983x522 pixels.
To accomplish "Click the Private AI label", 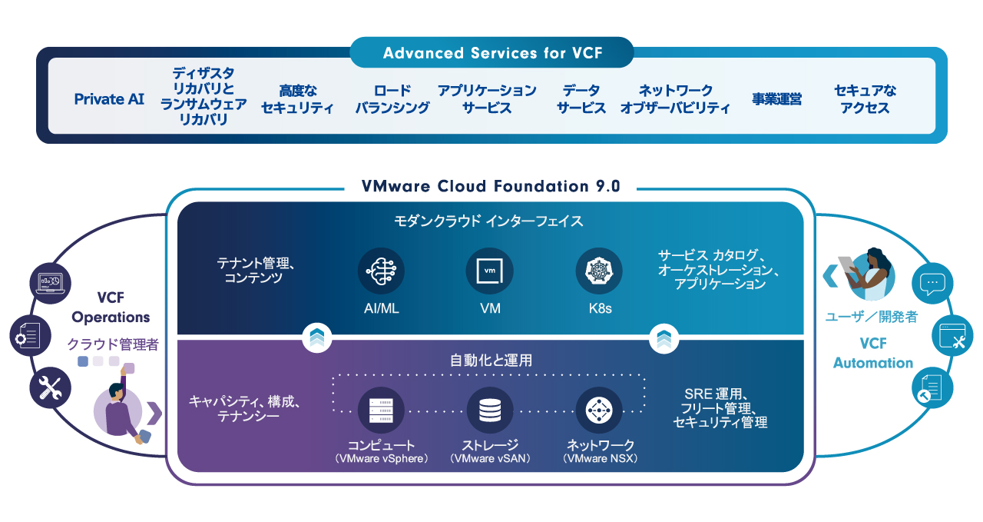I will [109, 99].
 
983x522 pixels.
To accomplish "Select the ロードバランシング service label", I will [392, 99].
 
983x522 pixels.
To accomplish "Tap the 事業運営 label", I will [776, 99].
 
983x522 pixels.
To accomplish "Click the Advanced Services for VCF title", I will [492, 53].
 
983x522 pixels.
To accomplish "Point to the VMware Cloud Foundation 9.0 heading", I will [491, 187].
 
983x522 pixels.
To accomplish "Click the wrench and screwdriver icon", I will [50, 388].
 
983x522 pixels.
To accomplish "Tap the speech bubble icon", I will [932, 284].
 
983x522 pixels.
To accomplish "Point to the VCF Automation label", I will [873, 354].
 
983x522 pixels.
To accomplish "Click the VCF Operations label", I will [111, 308].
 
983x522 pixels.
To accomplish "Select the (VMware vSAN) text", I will [490, 459].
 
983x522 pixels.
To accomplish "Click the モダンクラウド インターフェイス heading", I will [491, 221].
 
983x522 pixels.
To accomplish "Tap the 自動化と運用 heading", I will [491, 360].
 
